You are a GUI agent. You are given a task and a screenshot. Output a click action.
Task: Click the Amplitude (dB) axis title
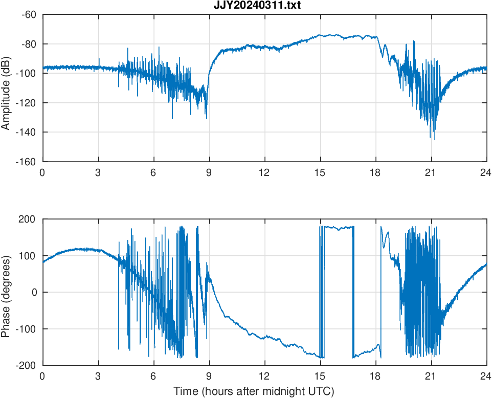[x=7, y=88]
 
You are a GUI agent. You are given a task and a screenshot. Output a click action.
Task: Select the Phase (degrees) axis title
[x=7, y=292]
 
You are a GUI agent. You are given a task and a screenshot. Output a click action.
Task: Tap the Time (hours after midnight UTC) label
[x=254, y=391]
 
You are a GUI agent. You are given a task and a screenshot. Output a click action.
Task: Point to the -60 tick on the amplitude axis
[x=28, y=14]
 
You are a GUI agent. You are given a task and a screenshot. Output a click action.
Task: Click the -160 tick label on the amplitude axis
[x=26, y=162]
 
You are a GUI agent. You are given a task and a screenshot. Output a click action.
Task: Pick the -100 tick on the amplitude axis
[x=26, y=73]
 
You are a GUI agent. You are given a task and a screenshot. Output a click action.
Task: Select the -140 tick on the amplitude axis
[x=26, y=132]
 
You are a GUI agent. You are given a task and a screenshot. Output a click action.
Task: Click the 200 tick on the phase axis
[x=28, y=219]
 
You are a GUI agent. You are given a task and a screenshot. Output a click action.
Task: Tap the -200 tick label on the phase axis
[x=26, y=365]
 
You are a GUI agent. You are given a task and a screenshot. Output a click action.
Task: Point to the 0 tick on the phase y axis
[x=34, y=292]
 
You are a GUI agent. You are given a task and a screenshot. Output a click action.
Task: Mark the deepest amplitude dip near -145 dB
[x=435, y=139]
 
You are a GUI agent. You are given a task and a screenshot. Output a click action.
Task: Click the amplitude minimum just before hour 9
[x=207, y=119]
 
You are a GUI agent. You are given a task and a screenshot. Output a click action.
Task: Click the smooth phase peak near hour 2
[x=79, y=249]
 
